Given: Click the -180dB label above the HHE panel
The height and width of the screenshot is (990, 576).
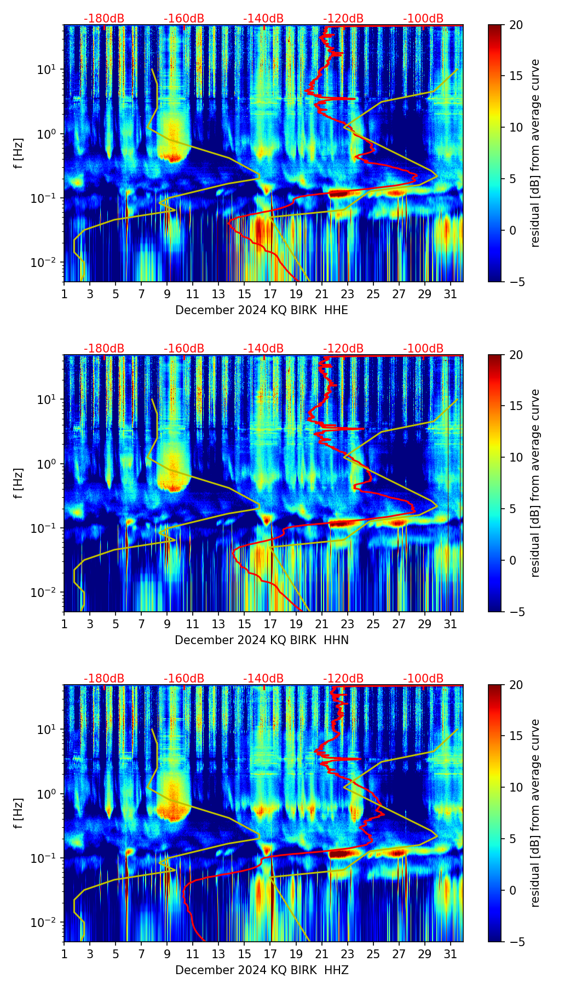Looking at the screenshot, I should click(104, 19).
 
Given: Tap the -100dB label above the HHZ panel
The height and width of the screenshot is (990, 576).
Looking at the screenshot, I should click(423, 679).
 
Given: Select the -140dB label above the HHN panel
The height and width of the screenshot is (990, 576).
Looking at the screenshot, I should click(263, 349).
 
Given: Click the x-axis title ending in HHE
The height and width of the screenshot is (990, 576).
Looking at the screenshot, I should click(262, 310).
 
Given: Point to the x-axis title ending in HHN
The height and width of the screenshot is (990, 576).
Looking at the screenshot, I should click(262, 640).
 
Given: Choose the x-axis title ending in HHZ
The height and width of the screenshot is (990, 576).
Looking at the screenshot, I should click(262, 970).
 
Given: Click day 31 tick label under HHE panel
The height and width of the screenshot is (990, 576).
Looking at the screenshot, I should click(451, 294).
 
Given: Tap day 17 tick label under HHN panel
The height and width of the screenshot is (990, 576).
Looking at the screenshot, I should click(270, 624).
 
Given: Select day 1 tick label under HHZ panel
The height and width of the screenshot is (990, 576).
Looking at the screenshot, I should click(65, 954).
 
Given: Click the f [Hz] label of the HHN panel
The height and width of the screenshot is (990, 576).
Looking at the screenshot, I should click(19, 483).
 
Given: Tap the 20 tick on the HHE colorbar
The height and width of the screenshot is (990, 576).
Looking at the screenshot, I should click(515, 25).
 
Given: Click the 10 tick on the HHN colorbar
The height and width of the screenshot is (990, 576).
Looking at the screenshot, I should click(515, 457).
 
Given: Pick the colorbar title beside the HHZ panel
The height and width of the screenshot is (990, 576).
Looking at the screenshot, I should click(535, 813).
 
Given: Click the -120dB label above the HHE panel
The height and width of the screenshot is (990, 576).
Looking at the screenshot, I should click(343, 19).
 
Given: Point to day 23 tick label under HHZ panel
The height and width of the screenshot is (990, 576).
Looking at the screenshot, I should click(348, 954).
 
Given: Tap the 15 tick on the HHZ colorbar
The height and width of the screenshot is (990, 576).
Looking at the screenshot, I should click(515, 736).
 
